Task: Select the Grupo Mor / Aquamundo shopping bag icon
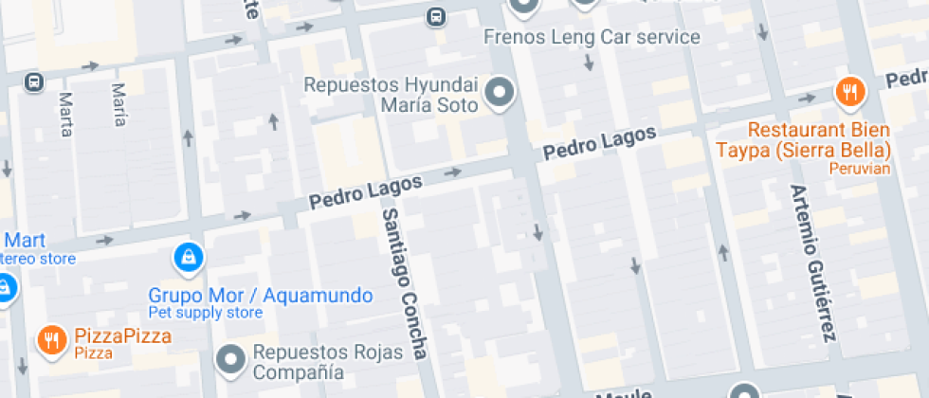[x=187, y=256]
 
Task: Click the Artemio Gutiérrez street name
[x=813, y=262]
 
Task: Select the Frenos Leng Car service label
[x=592, y=37]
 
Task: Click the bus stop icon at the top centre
[x=435, y=16]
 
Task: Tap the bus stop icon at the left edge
[x=34, y=82]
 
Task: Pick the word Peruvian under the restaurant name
[x=859, y=169]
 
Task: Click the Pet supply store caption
[x=206, y=313]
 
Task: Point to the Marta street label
[x=65, y=114]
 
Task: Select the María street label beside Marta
[x=118, y=104]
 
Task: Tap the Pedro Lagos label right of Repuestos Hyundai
[x=599, y=143]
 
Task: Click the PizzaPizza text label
[x=123, y=335]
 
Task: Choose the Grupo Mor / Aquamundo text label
[x=261, y=296]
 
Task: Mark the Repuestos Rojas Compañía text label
[x=326, y=362]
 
